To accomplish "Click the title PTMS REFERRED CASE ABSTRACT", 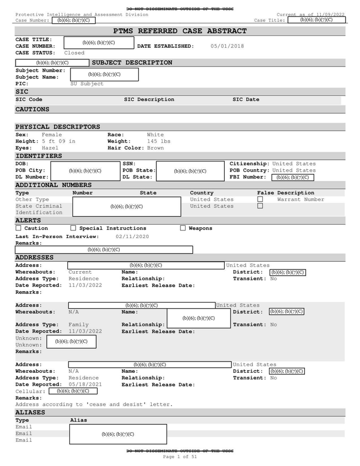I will coord(179,31).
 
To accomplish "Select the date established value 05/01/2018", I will coord(227,46).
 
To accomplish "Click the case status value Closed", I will coord(74,53).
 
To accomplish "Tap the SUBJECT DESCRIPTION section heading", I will coord(132,63).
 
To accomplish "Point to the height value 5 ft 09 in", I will coord(59,141).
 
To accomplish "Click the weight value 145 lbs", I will coord(158,141).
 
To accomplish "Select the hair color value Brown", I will coord(155,148).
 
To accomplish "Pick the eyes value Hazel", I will coord(50,148).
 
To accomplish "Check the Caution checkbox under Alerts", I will coord(19,228).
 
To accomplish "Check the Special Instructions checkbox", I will coord(73,228).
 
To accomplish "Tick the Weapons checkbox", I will coord(183,228).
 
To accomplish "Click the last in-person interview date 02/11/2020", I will coord(132,237).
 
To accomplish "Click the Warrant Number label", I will coord(300,200).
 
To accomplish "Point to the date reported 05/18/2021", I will coord(85,385).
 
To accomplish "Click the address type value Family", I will coord(78,325).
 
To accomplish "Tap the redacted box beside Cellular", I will coord(73,391).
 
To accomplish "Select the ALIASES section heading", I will coord(30,413).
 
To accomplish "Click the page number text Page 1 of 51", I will coord(179,457).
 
